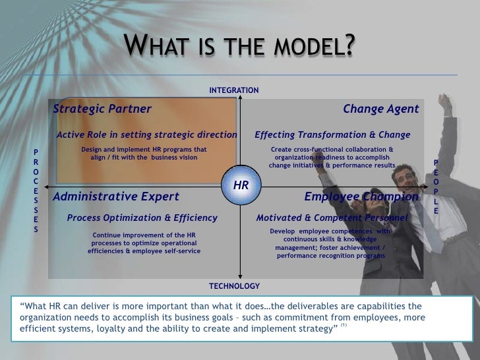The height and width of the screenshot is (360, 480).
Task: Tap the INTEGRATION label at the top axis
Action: (234, 90)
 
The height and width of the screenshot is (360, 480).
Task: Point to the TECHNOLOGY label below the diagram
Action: (234, 286)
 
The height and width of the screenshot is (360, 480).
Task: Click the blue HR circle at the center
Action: (241, 186)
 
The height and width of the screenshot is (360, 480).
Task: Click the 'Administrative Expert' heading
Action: (115, 196)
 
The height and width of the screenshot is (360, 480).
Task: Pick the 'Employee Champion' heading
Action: (361, 196)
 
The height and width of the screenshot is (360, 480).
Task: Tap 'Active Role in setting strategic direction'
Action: (146, 135)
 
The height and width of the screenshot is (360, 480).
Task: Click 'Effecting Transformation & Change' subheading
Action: (332, 135)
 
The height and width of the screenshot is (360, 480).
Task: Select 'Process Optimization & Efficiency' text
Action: (142, 218)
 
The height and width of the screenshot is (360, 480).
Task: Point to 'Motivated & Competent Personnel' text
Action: (332, 218)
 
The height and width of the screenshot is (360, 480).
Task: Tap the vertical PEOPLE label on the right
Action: (436, 187)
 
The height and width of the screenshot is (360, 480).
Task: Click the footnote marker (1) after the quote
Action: (344, 324)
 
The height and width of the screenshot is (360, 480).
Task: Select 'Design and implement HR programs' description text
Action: (144, 149)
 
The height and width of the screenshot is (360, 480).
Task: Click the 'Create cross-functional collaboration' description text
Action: (332, 149)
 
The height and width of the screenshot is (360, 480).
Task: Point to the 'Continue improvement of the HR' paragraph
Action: (144, 235)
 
